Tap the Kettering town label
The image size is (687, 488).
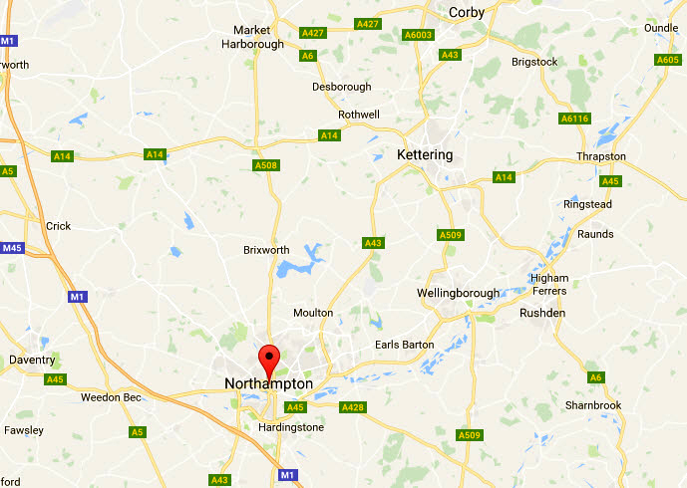(424, 155)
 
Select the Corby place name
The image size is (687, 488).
(467, 12)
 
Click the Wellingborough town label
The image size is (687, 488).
(457, 293)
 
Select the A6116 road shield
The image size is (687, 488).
(575, 119)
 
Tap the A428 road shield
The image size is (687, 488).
(353, 407)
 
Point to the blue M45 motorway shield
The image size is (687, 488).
(11, 248)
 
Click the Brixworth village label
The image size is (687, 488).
(267, 250)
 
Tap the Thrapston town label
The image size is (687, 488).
(601, 157)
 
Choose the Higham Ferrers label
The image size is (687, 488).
(550, 285)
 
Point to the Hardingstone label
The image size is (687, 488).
(291, 427)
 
